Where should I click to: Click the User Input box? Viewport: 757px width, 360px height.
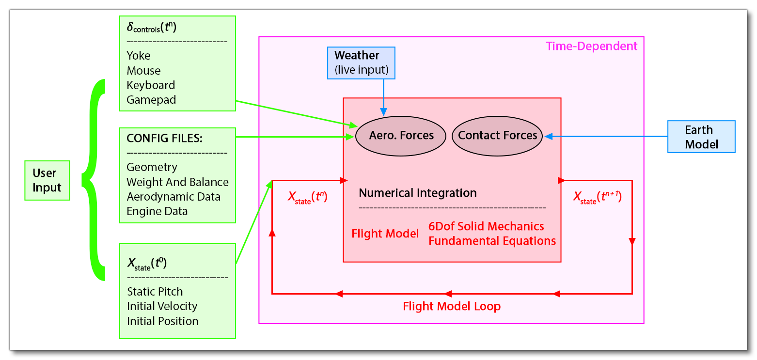(47, 180)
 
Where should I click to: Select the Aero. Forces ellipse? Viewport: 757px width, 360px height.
(401, 136)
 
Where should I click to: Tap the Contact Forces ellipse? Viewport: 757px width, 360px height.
(498, 136)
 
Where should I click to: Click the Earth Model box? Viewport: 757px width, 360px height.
(701, 137)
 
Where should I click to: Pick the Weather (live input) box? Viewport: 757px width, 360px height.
(362, 63)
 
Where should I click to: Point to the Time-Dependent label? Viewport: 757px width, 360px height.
(592, 47)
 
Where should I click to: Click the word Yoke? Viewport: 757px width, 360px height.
(139, 56)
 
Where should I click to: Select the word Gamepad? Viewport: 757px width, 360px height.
(151, 100)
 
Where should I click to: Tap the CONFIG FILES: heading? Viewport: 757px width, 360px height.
(164, 139)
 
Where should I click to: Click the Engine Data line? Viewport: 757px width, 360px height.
(157, 211)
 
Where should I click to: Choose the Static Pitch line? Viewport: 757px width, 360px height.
(155, 292)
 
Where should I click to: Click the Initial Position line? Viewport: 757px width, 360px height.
(162, 321)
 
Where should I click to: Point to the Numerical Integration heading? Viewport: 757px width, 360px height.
(417, 193)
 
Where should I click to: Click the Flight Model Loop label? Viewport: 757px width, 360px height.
(451, 306)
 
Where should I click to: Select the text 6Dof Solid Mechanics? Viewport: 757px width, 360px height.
(486, 226)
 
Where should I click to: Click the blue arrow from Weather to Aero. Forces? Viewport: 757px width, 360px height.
(384, 97)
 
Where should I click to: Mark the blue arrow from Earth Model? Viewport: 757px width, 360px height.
(606, 137)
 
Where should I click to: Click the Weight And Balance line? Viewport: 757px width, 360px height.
(177, 182)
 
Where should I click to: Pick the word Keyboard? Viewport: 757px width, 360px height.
(151, 85)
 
